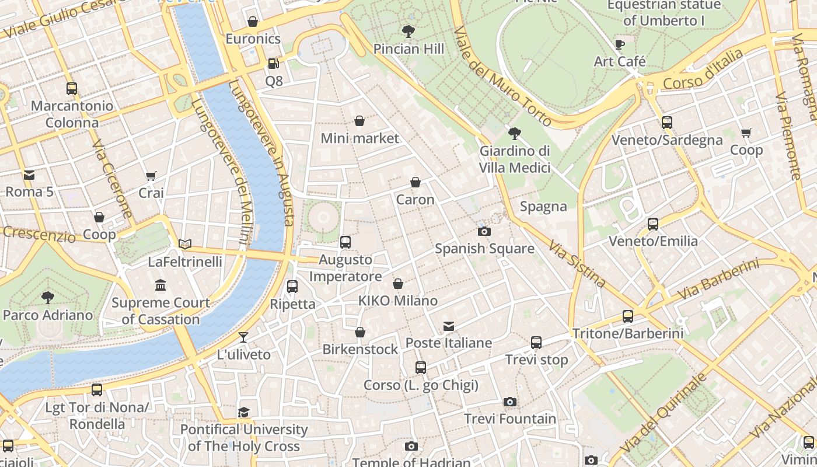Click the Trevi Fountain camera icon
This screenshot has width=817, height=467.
click(510, 402)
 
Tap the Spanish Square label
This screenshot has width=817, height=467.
click(484, 249)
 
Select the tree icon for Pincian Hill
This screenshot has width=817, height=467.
click(408, 32)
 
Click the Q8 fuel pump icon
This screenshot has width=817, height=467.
click(273, 64)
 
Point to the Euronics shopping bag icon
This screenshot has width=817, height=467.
click(253, 22)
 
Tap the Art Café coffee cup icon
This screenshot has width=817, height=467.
click(620, 44)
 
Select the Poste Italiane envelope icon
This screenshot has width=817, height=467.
click(448, 326)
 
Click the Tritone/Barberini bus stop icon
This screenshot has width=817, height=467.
click(628, 316)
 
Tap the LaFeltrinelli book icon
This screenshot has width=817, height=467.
click(185, 245)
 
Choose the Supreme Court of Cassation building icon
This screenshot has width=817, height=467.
click(160, 285)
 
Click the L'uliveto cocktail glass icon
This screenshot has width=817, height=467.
click(243, 337)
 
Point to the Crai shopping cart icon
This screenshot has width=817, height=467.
click(151, 176)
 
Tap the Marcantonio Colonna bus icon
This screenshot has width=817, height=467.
click(72, 89)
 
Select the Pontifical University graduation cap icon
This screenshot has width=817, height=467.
click(243, 413)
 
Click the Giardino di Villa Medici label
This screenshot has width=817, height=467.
click(515, 159)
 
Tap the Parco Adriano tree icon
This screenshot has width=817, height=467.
click(48, 298)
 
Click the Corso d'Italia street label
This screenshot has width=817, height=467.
click(703, 70)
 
